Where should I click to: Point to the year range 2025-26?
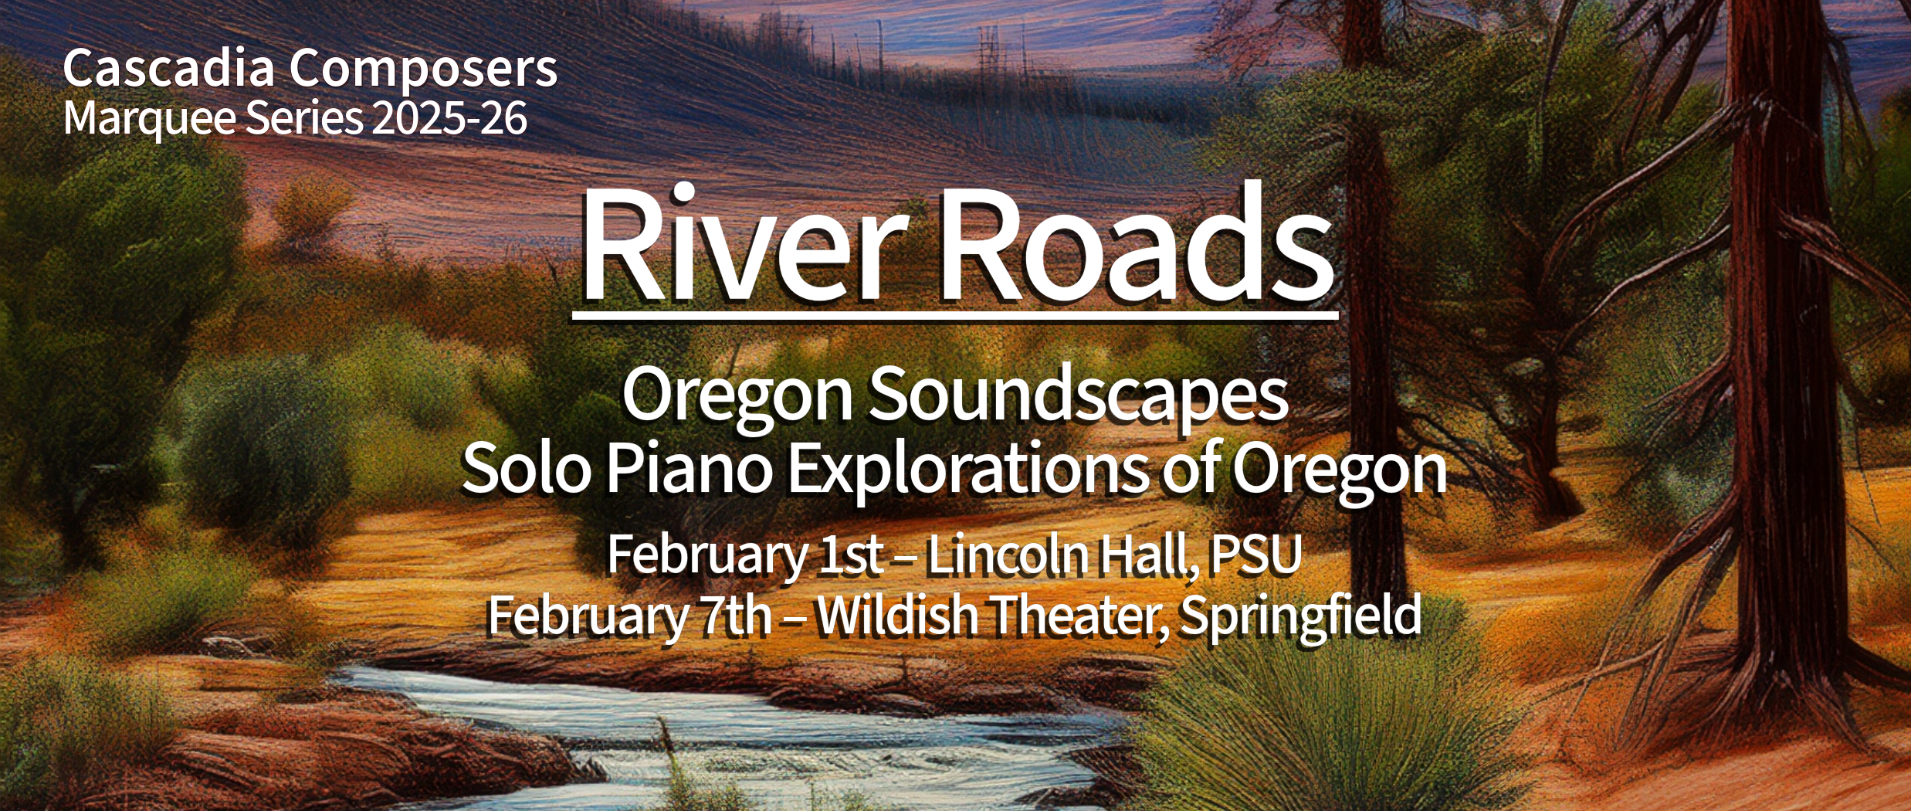(x=449, y=118)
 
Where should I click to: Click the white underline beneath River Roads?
(x=955, y=315)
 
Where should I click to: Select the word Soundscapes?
(x=1079, y=395)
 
